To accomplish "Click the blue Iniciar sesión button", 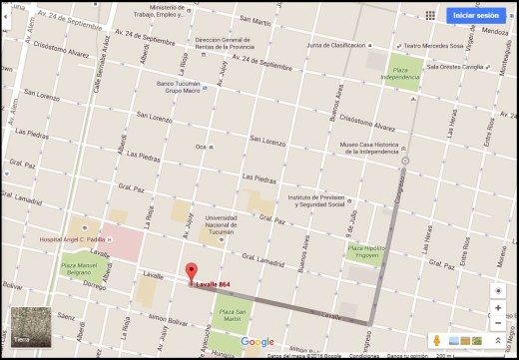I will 475,15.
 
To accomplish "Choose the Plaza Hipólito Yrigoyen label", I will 368,252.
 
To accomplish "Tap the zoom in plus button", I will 498,308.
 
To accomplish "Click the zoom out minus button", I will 498,326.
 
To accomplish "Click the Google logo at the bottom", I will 258,341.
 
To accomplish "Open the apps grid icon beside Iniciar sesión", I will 430,15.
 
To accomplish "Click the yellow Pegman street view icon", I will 436,341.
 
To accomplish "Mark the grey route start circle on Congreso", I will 405,161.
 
